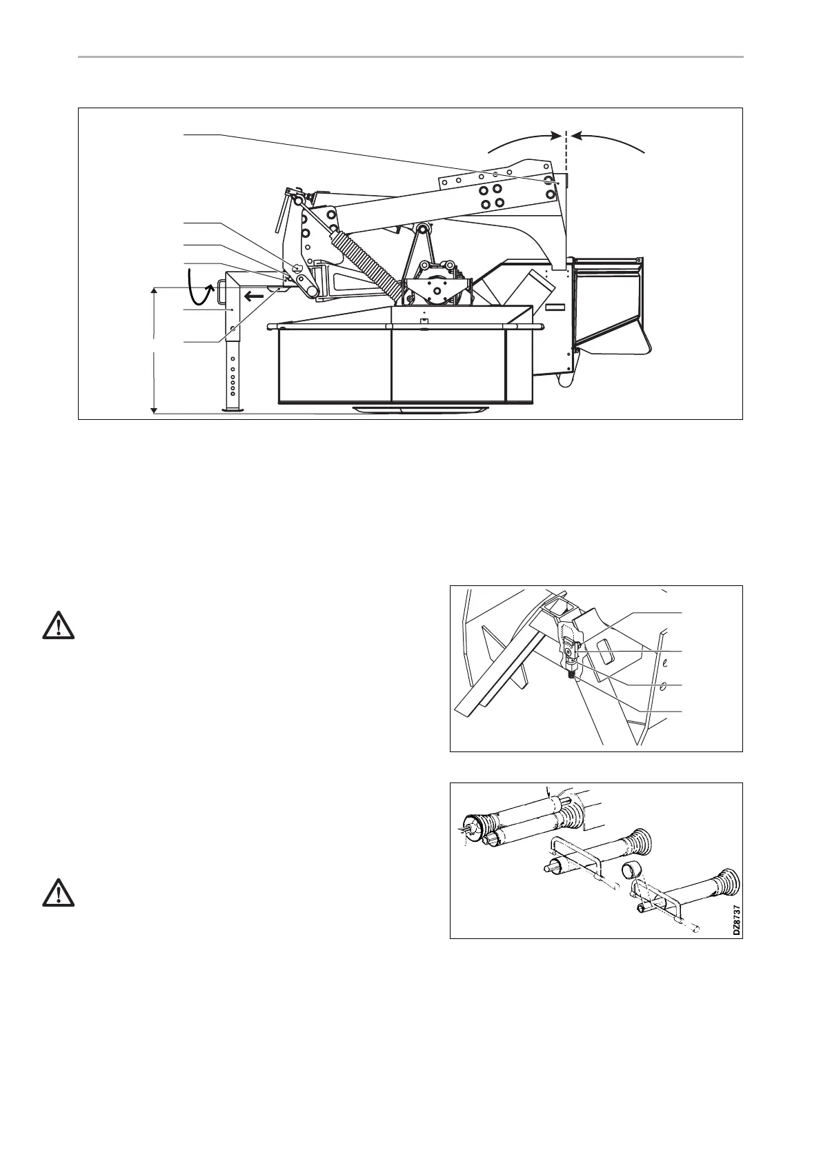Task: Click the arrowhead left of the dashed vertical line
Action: (555, 137)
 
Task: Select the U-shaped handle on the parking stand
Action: (220, 292)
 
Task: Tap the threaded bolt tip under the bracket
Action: (571, 675)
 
